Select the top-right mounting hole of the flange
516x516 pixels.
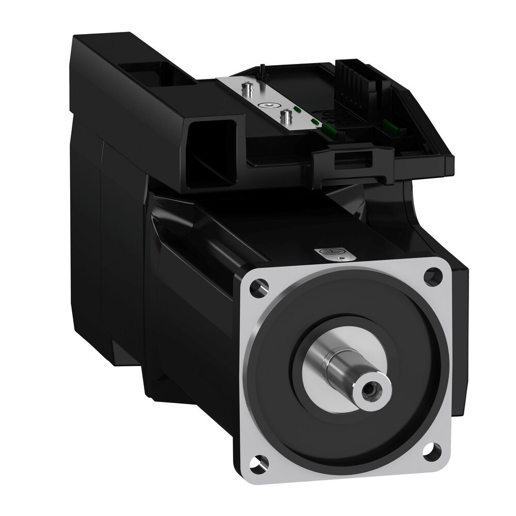[x=428, y=277]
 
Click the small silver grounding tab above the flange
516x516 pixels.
[x=330, y=253]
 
